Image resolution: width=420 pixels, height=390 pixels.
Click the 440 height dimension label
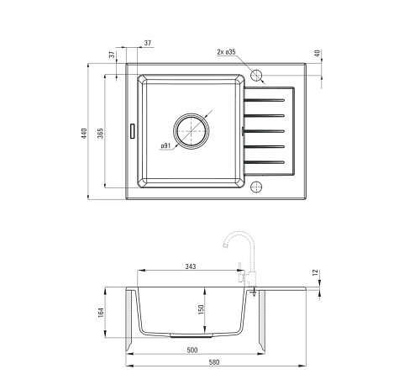point(84,133)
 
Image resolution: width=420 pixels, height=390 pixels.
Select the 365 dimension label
point(101,133)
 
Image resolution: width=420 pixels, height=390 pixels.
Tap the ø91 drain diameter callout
point(165,145)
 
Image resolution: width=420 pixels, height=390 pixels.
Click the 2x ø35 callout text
point(226,52)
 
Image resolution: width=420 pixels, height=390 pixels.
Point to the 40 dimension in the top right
point(318,53)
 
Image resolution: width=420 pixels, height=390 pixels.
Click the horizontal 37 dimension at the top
point(148,43)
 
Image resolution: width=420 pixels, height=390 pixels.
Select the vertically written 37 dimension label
point(112,55)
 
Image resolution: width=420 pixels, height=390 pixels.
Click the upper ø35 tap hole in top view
point(256,75)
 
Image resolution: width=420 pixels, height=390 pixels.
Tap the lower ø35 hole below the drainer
point(256,187)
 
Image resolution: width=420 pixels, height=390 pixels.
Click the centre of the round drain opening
point(192,131)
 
